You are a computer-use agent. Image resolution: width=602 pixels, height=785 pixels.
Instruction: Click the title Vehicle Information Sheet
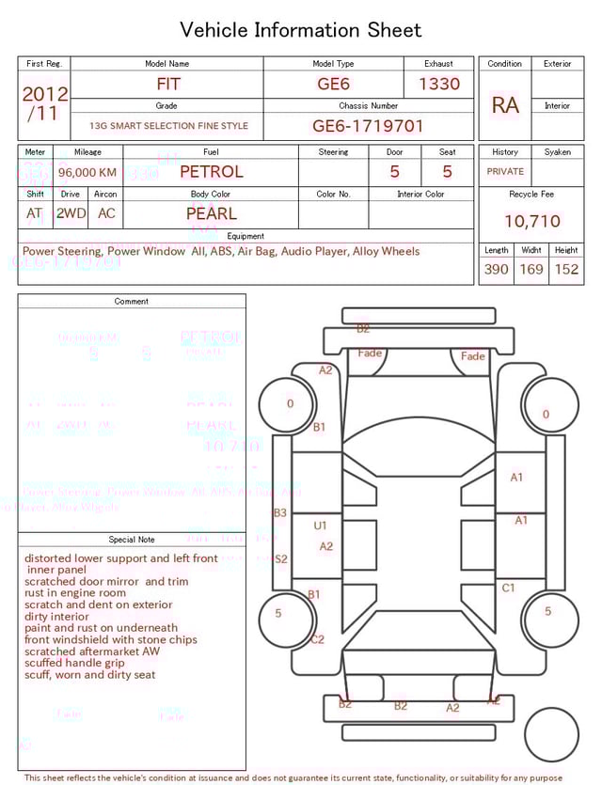pyautogui.click(x=301, y=30)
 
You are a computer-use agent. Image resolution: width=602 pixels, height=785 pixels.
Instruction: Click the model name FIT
pyautogui.click(x=167, y=84)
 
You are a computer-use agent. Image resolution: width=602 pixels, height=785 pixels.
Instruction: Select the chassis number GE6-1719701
pyautogui.click(x=368, y=125)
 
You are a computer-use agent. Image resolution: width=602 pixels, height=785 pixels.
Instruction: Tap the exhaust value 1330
pyautogui.click(x=438, y=84)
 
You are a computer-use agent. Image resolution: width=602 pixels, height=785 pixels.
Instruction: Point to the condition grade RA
pyautogui.click(x=505, y=105)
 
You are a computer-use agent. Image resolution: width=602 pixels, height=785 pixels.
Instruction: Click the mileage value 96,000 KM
pyautogui.click(x=87, y=173)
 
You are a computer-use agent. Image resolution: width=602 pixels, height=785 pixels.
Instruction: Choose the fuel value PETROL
pyautogui.click(x=211, y=172)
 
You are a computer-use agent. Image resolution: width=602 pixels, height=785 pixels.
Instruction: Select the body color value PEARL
pyautogui.click(x=211, y=213)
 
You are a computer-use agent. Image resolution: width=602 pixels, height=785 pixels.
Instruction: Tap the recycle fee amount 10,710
pyautogui.click(x=531, y=221)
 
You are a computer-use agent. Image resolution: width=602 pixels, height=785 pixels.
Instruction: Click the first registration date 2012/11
pyautogui.click(x=44, y=103)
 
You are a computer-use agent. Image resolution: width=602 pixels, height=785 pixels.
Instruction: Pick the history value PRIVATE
pyautogui.click(x=505, y=172)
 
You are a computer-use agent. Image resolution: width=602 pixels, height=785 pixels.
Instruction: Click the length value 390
pyautogui.click(x=496, y=269)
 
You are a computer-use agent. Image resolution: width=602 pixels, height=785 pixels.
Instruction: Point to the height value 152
pyautogui.click(x=566, y=269)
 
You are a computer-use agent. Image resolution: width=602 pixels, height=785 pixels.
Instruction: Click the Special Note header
pyautogui.click(x=132, y=540)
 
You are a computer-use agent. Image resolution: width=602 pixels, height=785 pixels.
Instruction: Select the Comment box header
pyautogui.click(x=132, y=302)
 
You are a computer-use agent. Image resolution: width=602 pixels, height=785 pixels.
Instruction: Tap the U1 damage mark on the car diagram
pyautogui.click(x=321, y=526)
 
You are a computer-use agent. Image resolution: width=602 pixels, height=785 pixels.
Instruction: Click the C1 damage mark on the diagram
pyautogui.click(x=508, y=588)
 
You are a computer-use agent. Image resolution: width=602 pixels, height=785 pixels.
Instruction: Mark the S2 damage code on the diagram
pyautogui.click(x=280, y=558)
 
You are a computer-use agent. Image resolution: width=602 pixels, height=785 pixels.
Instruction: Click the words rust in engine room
pyautogui.click(x=75, y=593)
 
